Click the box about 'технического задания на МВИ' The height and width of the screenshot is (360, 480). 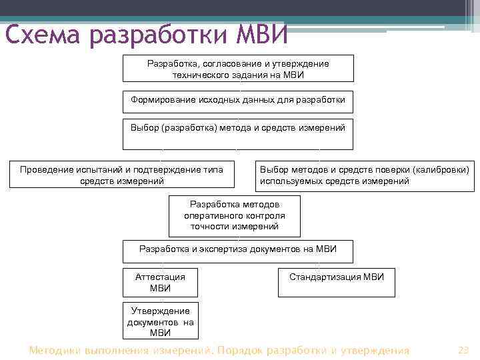tap(238, 69)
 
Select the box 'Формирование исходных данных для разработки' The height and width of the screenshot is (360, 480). tap(238, 100)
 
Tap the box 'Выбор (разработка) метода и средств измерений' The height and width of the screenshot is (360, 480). tap(238, 133)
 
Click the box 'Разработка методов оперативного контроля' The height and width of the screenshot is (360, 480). tap(234, 216)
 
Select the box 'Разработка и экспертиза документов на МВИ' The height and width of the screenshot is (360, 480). tap(238, 250)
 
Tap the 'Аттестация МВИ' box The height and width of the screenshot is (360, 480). tap(160, 282)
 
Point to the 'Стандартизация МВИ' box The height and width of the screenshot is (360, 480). tap(336, 281)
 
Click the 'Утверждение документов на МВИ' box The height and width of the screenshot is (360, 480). tap(160, 321)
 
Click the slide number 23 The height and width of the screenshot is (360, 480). tap(464, 350)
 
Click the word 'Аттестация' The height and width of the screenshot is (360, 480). tap(160, 277)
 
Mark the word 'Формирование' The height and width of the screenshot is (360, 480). tap(159, 100)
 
